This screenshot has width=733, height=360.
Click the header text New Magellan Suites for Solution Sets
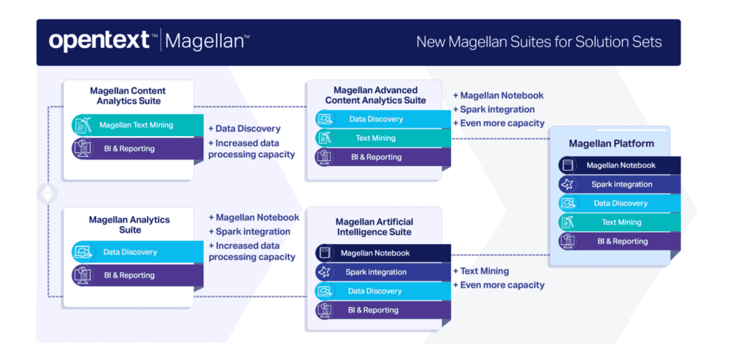(x=539, y=42)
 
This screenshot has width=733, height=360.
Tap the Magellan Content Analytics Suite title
(x=127, y=96)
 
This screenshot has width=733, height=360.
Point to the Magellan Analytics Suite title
(x=127, y=225)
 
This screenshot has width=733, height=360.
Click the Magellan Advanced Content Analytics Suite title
(x=376, y=95)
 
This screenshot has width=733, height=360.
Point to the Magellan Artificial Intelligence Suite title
(x=374, y=227)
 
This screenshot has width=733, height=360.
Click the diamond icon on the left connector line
(x=48, y=193)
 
